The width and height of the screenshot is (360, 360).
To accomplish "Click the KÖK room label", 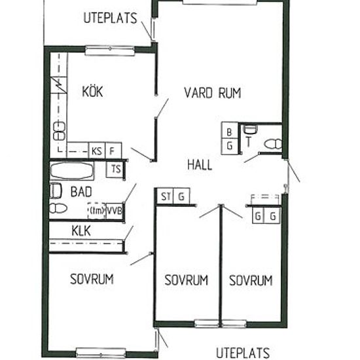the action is point(92,91).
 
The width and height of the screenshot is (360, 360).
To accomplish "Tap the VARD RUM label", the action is point(213,93).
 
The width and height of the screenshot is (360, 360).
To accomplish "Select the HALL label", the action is point(200,165).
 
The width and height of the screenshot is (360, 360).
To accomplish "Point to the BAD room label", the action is point(81,192).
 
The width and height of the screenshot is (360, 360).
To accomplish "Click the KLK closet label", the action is point(81,231).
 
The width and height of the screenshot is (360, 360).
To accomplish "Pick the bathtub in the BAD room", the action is point(72,171).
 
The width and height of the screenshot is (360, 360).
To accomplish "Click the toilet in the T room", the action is point(273,144).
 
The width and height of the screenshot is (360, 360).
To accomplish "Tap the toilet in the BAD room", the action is point(58,208).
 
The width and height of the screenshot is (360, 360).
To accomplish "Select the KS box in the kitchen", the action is point(97,151).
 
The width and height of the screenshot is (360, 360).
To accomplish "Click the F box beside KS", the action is point(113,151).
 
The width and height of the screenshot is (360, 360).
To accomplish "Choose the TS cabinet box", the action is point(115,170).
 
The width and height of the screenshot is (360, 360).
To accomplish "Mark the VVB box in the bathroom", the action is point(115,211).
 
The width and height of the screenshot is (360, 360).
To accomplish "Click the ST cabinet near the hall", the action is point(165,196).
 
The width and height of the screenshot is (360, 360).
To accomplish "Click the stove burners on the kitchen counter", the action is point(59,131).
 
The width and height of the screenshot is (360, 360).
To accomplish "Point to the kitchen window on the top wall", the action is point(110,51).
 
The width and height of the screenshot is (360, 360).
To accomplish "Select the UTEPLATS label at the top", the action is point(110,18).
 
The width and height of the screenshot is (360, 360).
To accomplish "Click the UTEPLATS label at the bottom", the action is point(243,353).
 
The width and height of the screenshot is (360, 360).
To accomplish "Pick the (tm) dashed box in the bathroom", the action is point(97,211).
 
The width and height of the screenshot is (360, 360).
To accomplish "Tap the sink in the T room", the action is point(250,130).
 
